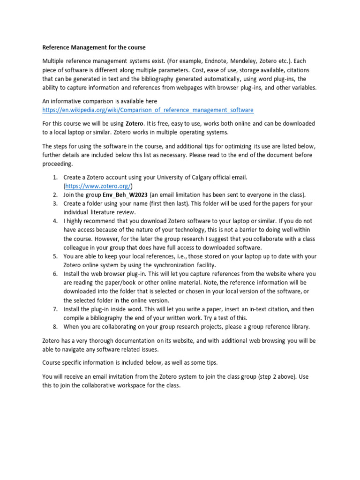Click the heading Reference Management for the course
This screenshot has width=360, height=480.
click(94, 47)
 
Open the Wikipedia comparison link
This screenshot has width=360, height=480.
click(148, 110)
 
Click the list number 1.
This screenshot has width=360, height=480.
click(54, 177)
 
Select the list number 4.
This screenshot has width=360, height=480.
click(54, 221)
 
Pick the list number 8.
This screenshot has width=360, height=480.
click(54, 327)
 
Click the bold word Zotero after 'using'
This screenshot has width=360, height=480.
click(135, 124)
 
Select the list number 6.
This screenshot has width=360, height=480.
click(54, 274)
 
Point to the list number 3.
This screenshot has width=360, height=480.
click(54, 203)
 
